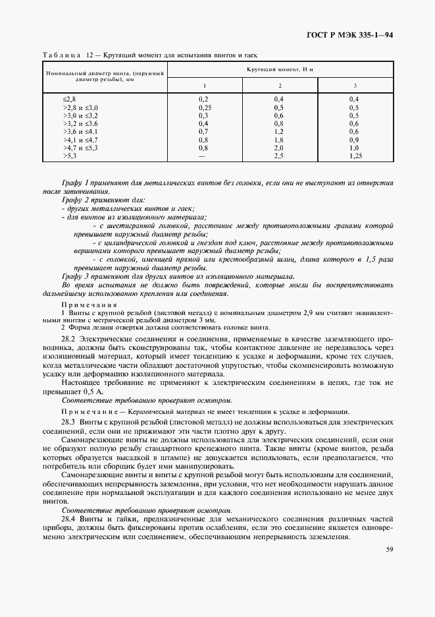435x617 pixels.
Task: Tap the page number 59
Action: [x=390, y=550]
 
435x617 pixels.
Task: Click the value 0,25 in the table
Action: [x=204, y=107]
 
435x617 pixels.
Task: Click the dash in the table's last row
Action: [x=204, y=156]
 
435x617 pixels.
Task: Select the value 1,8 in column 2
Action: [x=279, y=140]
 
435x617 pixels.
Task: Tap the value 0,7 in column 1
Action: [x=204, y=131]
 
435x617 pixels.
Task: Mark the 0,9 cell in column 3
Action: [x=353, y=140]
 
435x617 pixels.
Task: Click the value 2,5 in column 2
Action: [x=279, y=156]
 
